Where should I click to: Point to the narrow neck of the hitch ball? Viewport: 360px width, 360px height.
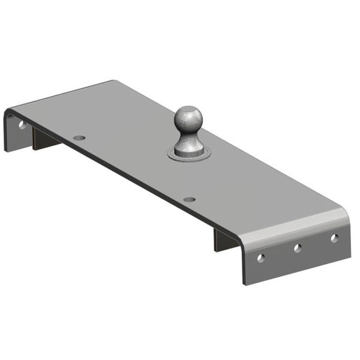coord(189,136)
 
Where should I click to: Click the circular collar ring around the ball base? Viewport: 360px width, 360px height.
coord(190,156)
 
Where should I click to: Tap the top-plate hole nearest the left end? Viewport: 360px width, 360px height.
coord(79,138)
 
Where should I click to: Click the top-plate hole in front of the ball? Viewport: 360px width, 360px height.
coord(189,199)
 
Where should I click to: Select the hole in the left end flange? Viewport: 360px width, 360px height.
coord(22,125)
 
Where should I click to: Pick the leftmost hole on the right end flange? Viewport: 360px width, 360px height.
coord(260,257)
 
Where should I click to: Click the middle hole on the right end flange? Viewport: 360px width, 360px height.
coord(297,247)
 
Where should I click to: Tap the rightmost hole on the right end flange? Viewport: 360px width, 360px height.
coord(334,238)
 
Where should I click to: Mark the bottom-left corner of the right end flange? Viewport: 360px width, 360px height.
coord(245,284)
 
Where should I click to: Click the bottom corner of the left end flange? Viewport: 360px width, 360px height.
coord(5,150)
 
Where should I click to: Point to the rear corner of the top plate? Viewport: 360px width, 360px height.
coord(112,81)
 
